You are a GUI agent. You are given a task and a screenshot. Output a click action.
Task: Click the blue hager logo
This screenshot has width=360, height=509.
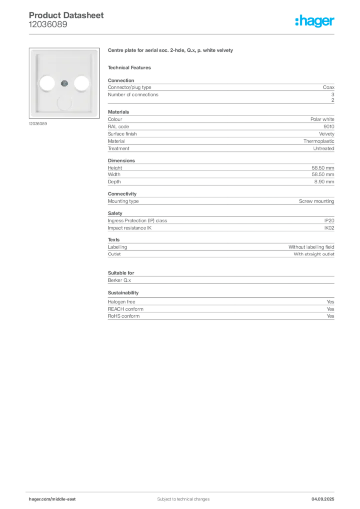pos(315,22)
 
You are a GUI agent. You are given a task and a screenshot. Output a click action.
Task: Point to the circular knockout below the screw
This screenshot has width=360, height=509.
pos(64,102)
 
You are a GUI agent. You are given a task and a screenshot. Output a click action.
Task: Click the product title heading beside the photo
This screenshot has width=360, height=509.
pos(171,51)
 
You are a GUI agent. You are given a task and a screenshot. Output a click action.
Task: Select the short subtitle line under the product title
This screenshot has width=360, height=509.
pos(131,67)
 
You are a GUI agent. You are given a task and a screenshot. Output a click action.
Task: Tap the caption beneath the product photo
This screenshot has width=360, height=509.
pos(38,124)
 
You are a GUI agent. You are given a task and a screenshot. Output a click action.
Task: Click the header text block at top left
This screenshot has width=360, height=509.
pos(67,20)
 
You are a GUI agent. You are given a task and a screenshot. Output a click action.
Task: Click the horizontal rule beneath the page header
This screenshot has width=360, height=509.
pos(199,34)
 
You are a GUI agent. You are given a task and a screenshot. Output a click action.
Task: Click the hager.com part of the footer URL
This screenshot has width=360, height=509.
pos(40,499)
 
